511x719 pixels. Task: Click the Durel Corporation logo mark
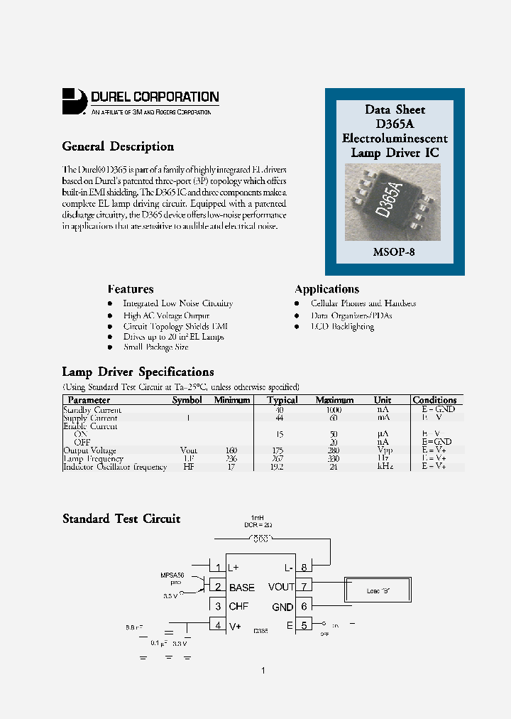[74, 100]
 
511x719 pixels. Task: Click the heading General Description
[118, 146]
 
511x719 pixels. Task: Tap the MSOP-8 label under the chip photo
[394, 252]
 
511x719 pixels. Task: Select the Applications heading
[326, 289]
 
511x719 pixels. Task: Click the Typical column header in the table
[282, 400]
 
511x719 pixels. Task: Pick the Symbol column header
[187, 400]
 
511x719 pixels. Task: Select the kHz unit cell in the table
[383, 467]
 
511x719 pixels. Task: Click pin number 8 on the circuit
[304, 567]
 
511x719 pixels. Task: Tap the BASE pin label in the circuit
[241, 587]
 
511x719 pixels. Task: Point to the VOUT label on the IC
[281, 587]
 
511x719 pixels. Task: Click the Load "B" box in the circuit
[378, 591]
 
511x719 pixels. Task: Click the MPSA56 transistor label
[172, 574]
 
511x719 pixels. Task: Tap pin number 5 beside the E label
[304, 625]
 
